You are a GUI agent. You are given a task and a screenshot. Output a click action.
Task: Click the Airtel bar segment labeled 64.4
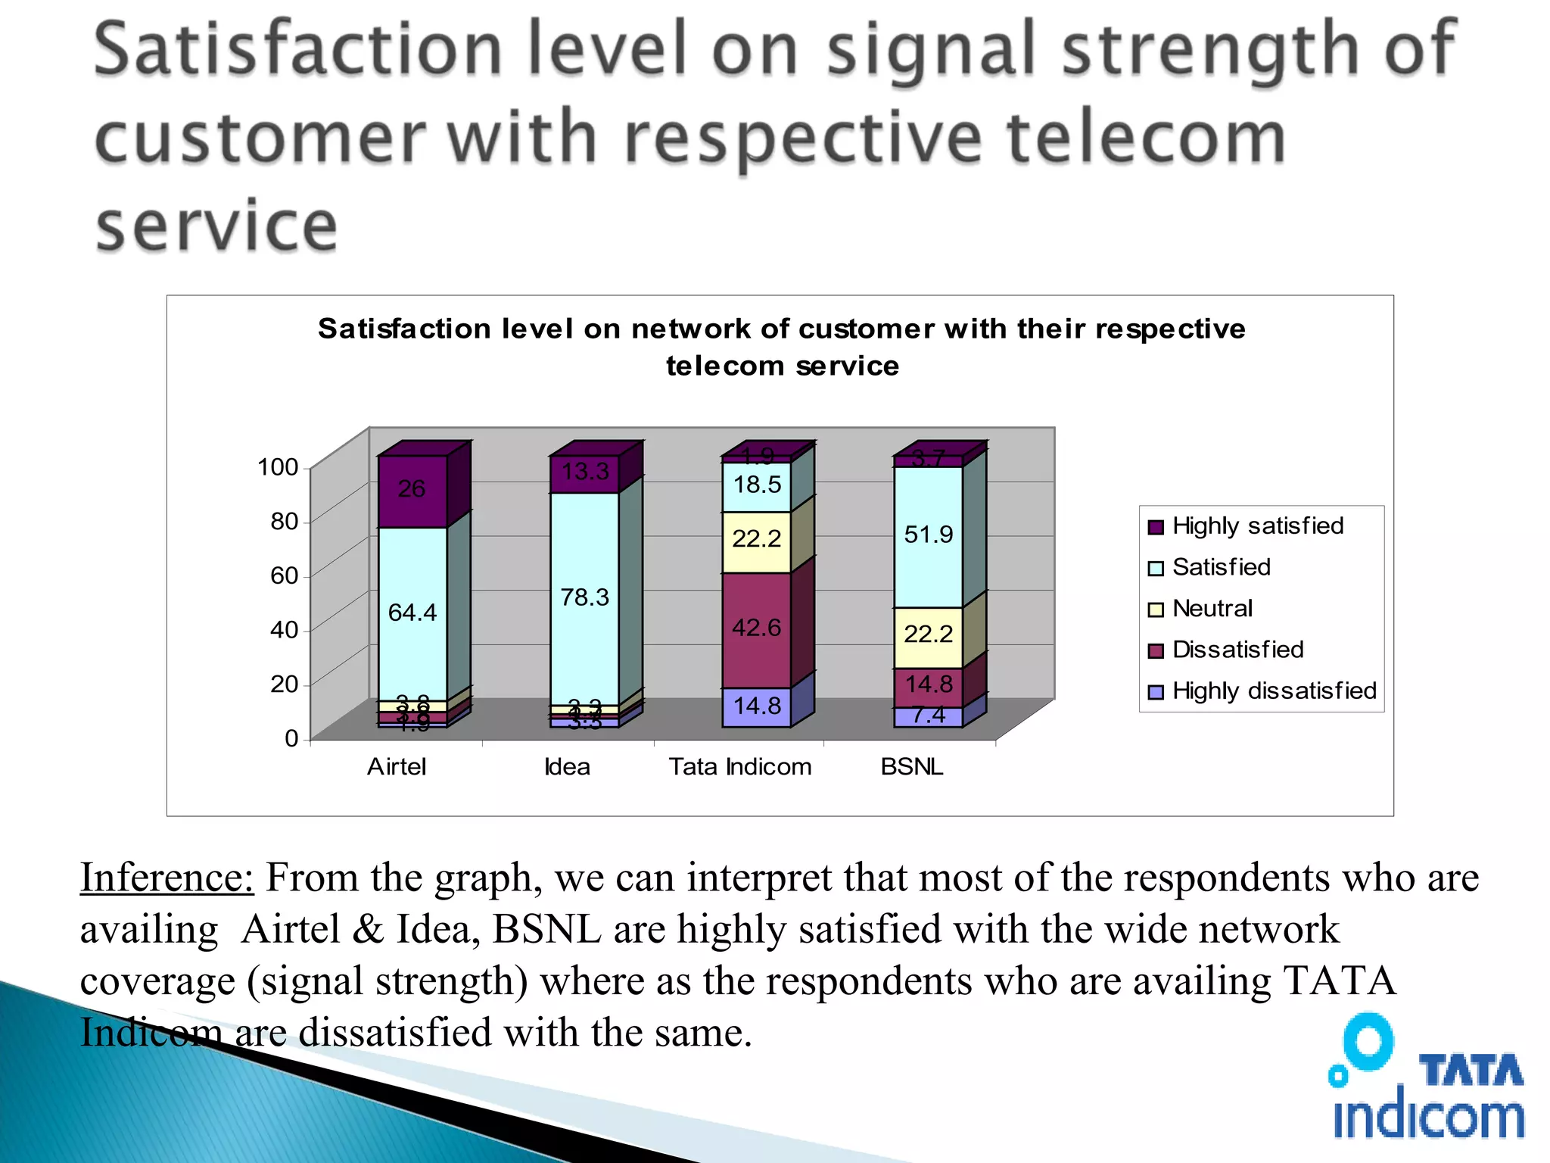412,613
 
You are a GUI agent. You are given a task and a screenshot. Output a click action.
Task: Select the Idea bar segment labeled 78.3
584,597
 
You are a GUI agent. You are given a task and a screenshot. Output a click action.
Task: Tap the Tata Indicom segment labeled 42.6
756,628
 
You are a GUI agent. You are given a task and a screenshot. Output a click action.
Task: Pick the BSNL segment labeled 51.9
928,535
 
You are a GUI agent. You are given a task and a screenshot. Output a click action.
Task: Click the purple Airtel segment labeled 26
412,489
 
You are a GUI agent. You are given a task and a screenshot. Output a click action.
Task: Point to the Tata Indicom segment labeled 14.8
756,706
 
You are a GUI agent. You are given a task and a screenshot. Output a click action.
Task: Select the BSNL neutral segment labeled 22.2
928,635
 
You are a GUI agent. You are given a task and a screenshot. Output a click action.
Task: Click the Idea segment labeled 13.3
584,472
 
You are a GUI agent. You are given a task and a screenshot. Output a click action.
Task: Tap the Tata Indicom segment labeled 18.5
756,485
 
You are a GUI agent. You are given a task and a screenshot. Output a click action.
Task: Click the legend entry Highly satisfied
1257,526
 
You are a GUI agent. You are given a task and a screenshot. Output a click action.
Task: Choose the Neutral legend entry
1212,609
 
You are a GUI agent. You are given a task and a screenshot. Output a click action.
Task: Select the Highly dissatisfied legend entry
1274,691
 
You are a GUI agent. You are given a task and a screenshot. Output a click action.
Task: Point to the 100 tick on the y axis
278,467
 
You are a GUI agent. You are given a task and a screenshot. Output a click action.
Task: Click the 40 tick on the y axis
284,630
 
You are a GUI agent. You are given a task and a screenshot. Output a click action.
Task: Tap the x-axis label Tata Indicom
739,767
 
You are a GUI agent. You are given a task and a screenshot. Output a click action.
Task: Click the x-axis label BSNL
911,767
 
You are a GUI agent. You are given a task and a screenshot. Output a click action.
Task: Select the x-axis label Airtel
397,767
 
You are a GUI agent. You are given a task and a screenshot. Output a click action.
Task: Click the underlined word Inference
167,878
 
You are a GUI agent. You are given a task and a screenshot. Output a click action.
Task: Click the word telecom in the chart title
724,366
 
